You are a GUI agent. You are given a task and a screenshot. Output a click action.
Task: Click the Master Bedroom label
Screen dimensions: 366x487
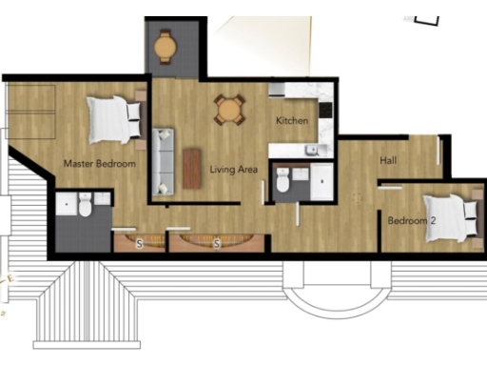pyautogui.click(x=99, y=164)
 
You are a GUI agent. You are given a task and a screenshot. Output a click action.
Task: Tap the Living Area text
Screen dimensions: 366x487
pyautogui.click(x=234, y=170)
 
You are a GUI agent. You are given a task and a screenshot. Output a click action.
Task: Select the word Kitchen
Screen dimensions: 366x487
pyautogui.click(x=291, y=121)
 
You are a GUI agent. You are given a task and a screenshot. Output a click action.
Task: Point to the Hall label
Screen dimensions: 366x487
pyautogui.click(x=388, y=161)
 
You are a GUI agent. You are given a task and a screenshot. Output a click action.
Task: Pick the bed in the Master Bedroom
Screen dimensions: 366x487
pyautogui.click(x=115, y=119)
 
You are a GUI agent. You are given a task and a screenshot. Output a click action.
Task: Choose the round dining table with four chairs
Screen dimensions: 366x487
pyautogui.click(x=228, y=110)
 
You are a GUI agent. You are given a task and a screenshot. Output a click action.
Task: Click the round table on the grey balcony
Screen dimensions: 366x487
pyautogui.click(x=166, y=44)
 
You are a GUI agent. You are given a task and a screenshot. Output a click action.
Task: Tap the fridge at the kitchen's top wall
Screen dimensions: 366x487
pyautogui.click(x=278, y=91)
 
